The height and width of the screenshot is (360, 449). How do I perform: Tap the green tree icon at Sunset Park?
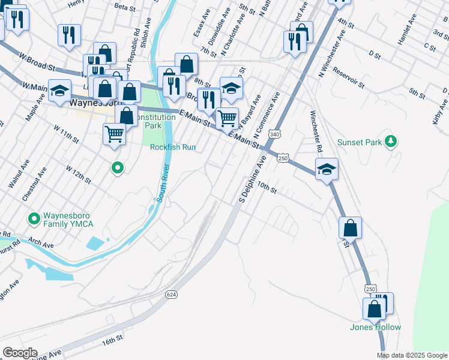click(391, 142)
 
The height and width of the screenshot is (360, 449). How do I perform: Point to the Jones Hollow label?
click(376, 327)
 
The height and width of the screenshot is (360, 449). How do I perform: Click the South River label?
click(161, 184)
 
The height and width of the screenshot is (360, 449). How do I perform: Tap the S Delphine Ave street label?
click(252, 179)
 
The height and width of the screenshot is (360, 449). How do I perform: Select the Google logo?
click(20, 353)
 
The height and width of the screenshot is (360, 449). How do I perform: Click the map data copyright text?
click(412, 355)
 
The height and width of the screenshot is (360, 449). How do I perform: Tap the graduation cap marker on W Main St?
click(59, 91)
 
